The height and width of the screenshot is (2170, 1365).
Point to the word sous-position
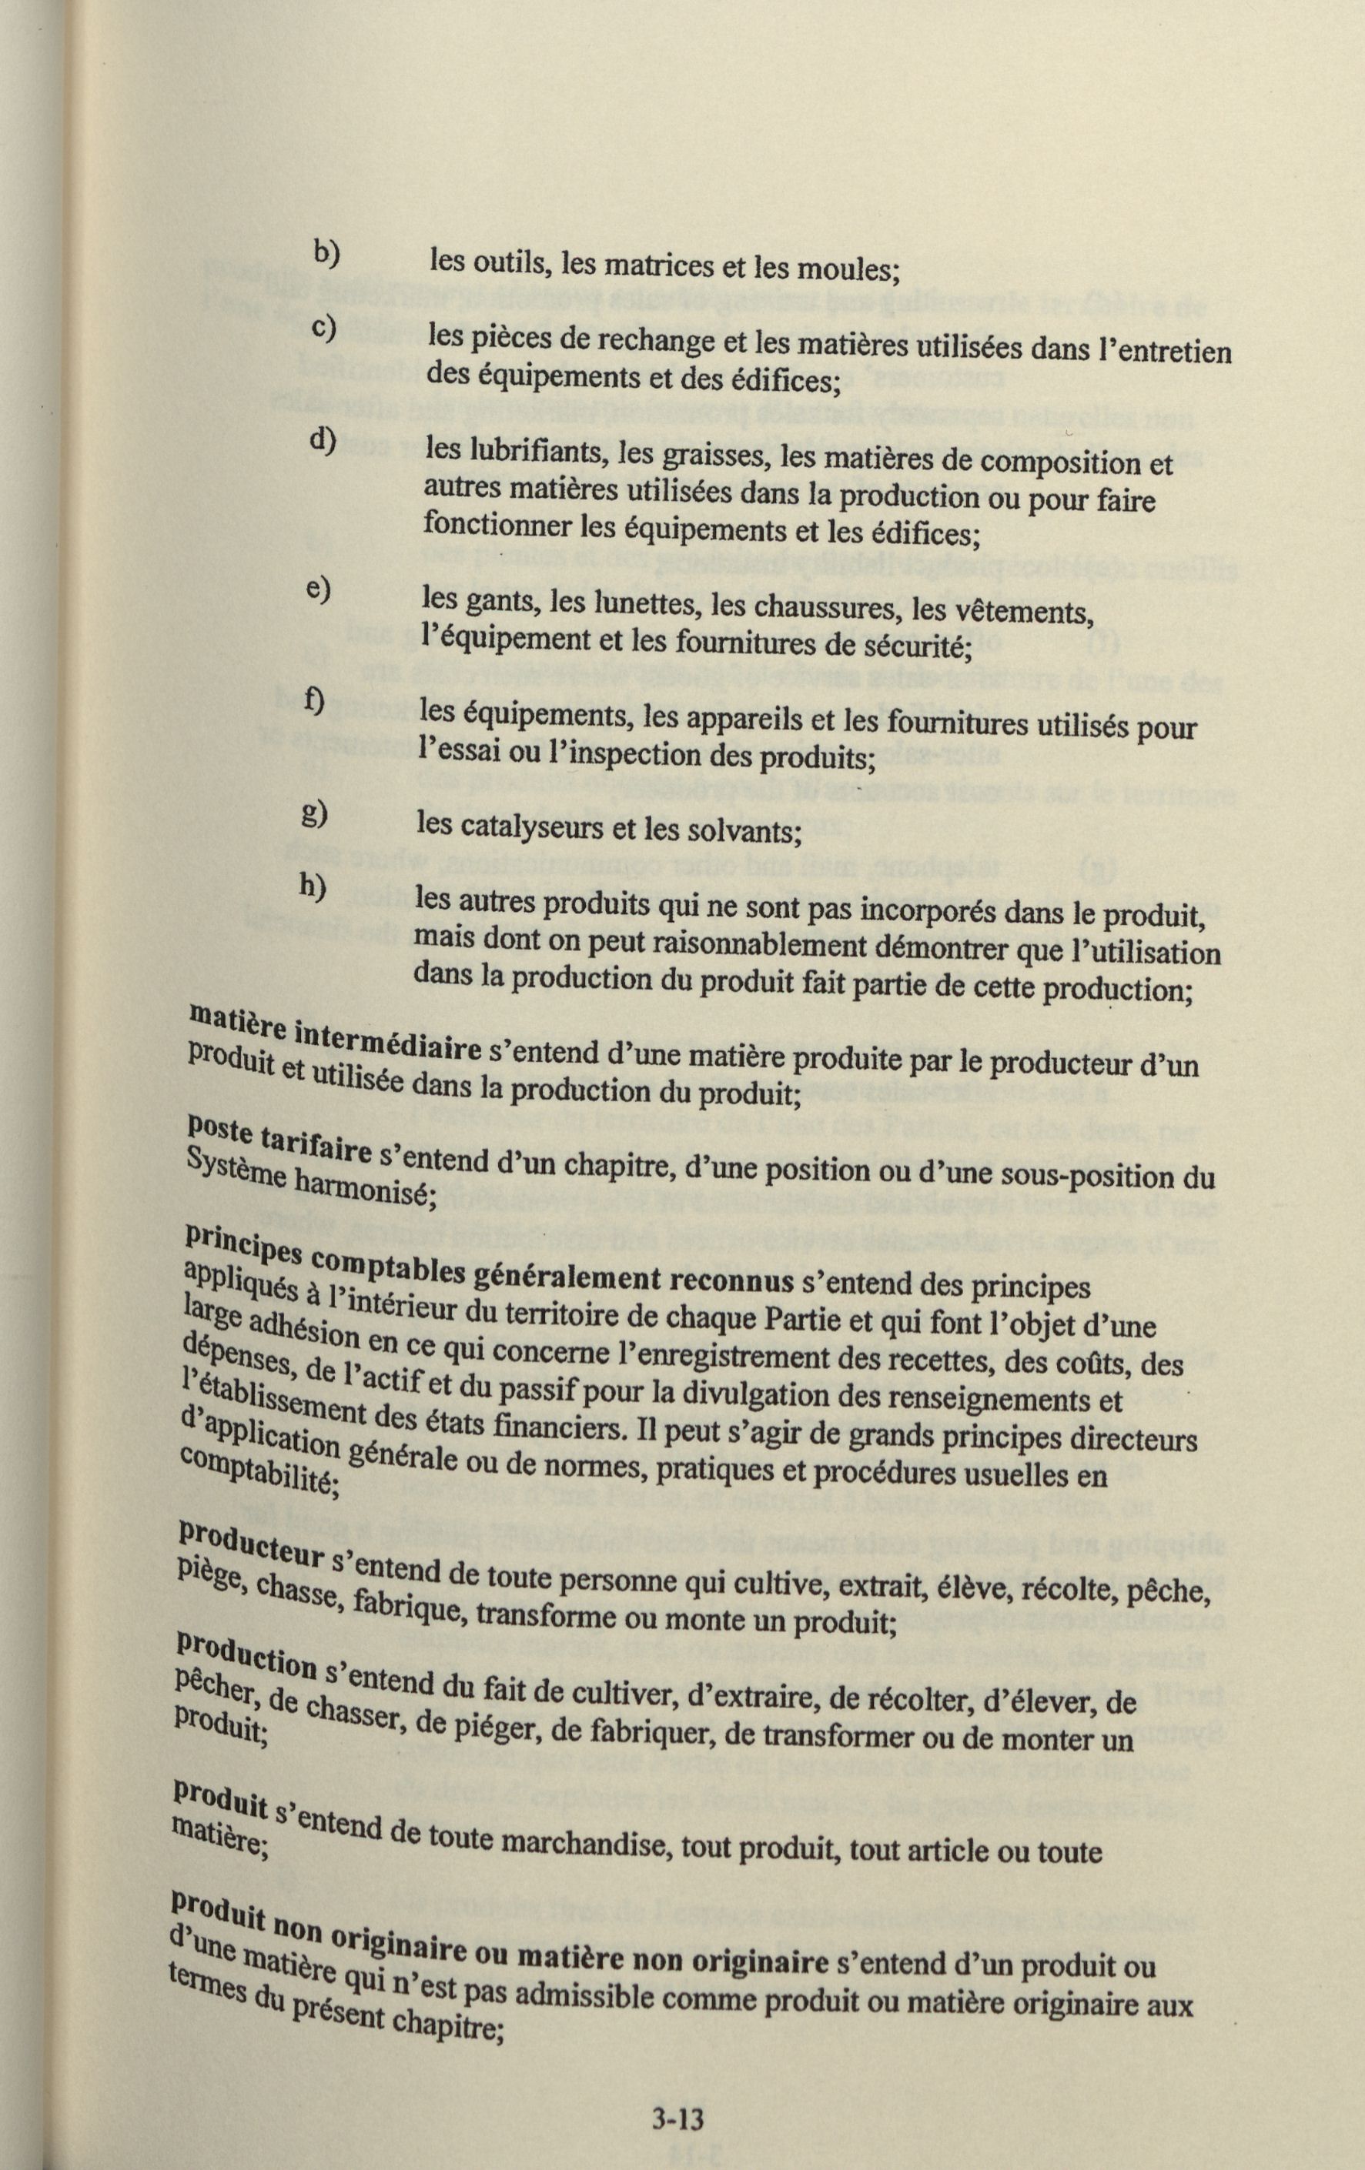pos(1088,1177)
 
